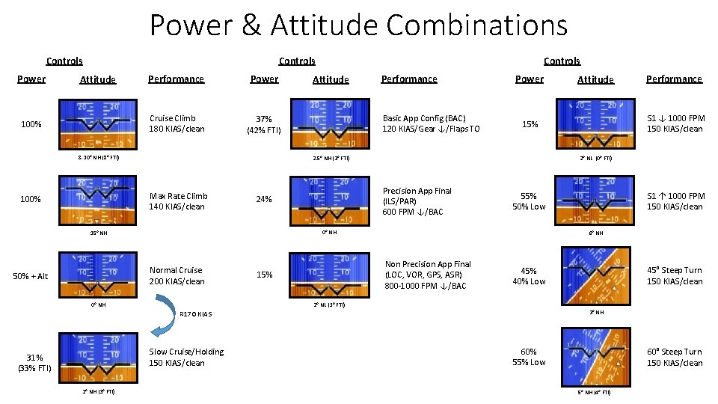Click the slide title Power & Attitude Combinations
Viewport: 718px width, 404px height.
358,25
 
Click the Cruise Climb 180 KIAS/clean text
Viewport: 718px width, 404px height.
177,123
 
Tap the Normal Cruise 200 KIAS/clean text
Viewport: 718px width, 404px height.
177,275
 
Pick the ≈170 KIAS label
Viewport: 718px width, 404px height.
196,313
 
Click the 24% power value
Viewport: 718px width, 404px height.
263,200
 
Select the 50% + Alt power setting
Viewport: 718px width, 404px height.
31,276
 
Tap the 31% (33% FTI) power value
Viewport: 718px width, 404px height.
34,362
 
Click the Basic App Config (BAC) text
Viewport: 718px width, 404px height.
431,123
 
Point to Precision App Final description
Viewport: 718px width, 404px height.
417,201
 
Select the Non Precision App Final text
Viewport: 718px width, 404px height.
427,275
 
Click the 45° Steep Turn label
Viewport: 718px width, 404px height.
675,275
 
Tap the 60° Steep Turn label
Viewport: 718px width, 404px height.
675,357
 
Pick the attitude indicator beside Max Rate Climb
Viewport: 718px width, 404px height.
96,200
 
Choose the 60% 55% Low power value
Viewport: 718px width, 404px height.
529,357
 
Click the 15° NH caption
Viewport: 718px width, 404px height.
98,233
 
